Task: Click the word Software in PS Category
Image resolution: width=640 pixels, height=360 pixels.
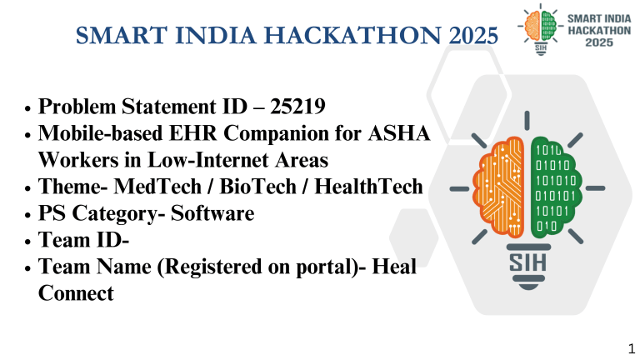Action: tap(212, 213)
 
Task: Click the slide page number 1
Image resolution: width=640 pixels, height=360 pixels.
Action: tap(631, 346)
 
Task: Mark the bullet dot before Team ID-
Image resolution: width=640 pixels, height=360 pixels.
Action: tap(27, 242)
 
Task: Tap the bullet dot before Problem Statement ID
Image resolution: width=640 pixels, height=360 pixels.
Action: tap(27, 108)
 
